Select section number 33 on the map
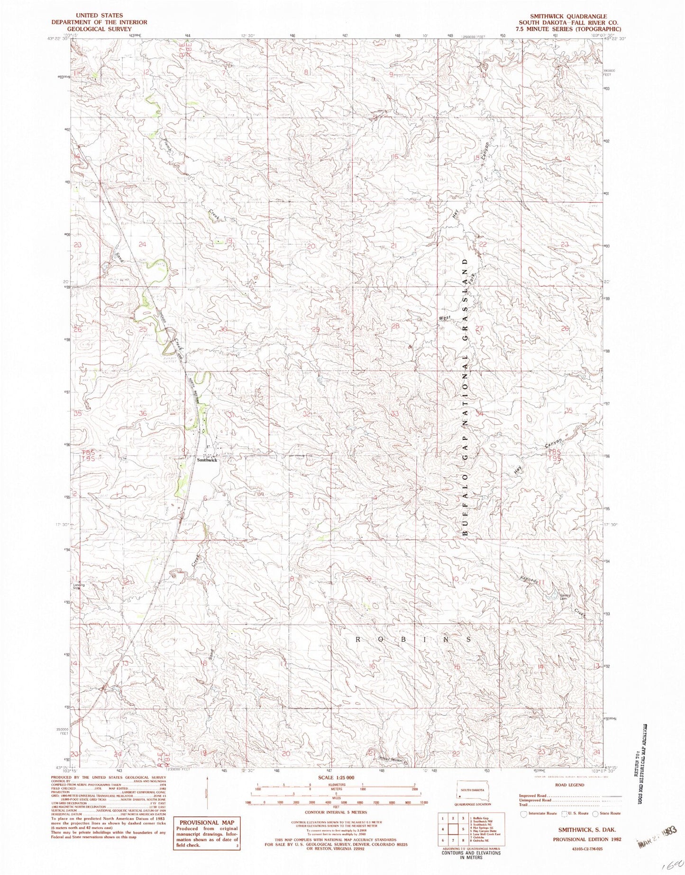tap(394, 414)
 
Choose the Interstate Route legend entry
tap(538, 813)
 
